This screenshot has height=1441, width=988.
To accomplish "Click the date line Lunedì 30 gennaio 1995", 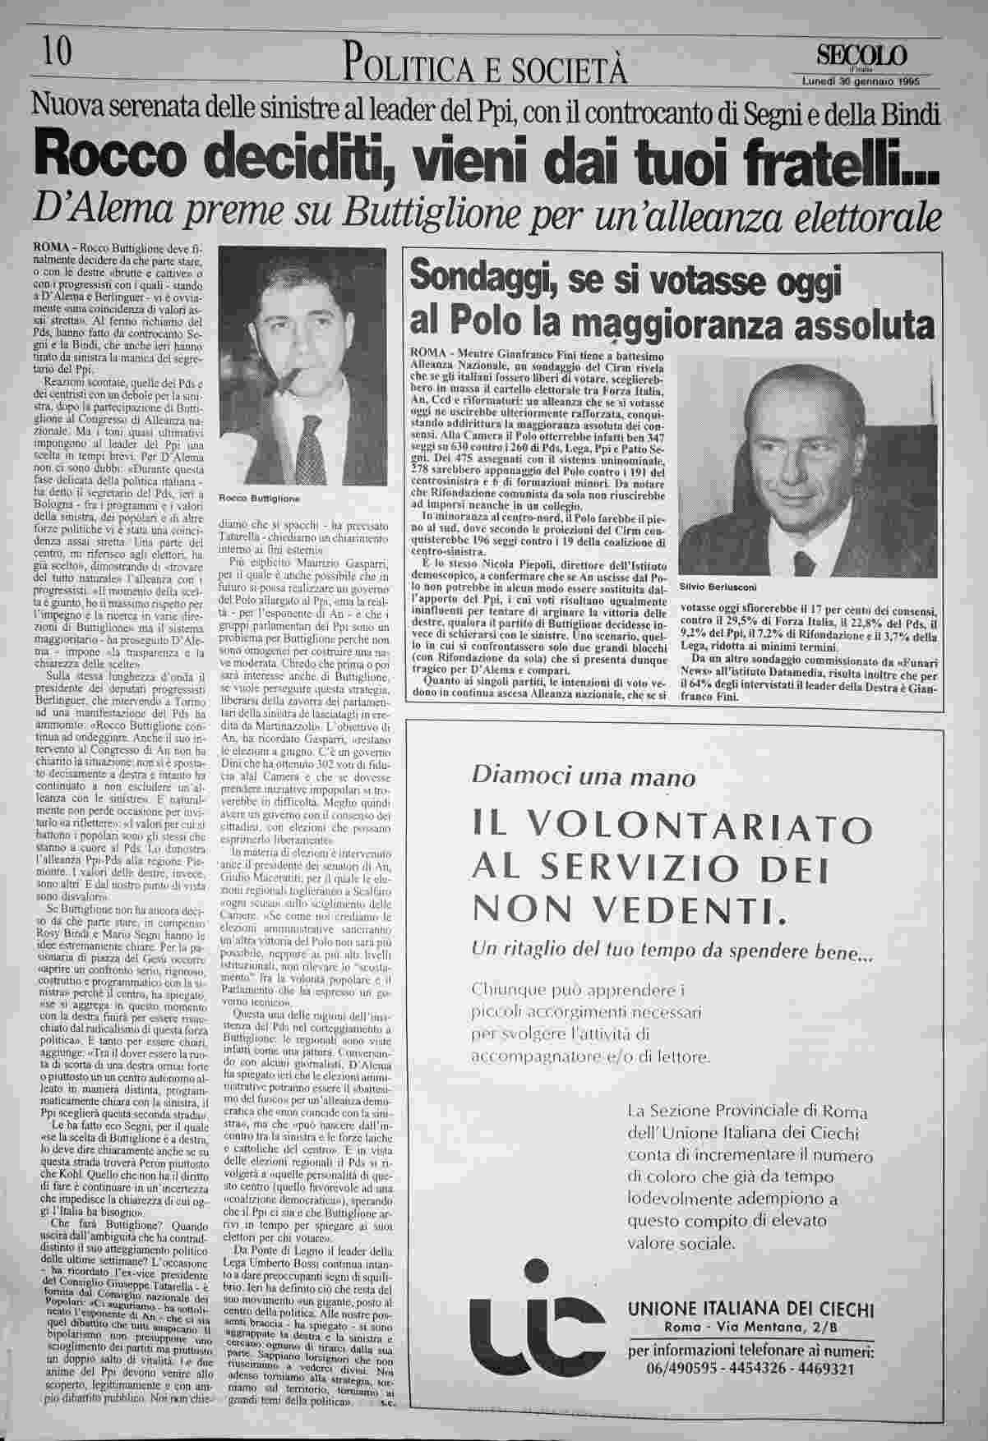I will (x=860, y=81).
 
